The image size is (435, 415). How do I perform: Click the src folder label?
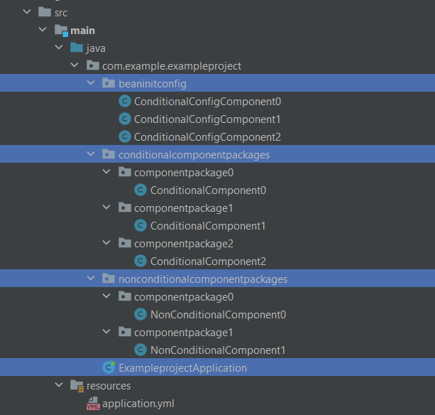[61, 13]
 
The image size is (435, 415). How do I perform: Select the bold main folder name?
[83, 31]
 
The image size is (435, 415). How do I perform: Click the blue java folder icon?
[77, 48]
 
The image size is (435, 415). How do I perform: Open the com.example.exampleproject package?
[172, 66]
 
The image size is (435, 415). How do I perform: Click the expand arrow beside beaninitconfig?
[91, 82]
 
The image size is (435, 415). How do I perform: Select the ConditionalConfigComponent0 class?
[207, 102]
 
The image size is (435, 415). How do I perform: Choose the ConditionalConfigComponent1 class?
[207, 119]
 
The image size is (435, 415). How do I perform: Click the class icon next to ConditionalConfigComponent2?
[125, 136]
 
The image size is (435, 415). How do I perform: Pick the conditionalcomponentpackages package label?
[194, 155]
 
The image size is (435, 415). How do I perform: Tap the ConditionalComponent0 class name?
[208, 190]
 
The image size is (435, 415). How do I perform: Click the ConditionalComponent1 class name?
[208, 226]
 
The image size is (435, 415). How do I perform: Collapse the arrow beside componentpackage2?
[106, 243]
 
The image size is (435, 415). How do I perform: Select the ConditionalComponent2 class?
[208, 262]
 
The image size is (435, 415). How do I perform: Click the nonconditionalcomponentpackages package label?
[203, 279]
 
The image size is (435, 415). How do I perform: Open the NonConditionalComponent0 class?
[218, 315]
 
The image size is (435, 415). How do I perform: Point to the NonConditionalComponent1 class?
[218, 350]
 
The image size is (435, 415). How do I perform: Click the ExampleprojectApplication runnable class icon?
[109, 367]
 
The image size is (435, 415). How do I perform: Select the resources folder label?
[109, 386]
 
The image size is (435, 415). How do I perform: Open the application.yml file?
[138, 404]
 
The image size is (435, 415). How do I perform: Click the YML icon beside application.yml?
[93, 404]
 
